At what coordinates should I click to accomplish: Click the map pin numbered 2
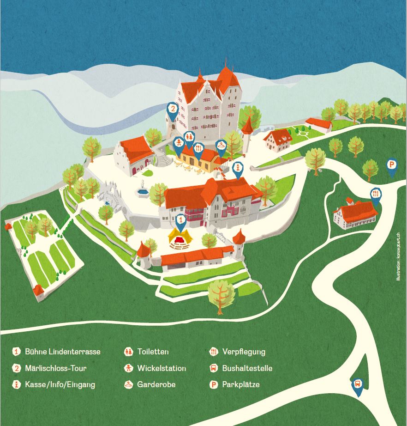172,110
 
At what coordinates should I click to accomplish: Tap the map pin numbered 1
181,220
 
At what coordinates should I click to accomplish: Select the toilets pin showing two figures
189,137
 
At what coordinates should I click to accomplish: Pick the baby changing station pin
178,143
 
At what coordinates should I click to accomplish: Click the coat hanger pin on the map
221,146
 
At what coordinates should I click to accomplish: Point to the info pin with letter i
238,168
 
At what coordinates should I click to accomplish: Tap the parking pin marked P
392,165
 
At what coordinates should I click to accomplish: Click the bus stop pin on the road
358,385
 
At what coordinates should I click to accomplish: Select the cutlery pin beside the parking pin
376,195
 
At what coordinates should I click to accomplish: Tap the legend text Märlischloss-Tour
56,368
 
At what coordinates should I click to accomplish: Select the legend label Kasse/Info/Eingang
60,384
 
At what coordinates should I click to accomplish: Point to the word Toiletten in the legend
153,352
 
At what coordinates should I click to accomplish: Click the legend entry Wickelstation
162,368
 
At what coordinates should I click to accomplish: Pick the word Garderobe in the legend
156,384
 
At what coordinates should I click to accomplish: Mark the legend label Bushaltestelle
247,368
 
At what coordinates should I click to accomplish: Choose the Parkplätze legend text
241,384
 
